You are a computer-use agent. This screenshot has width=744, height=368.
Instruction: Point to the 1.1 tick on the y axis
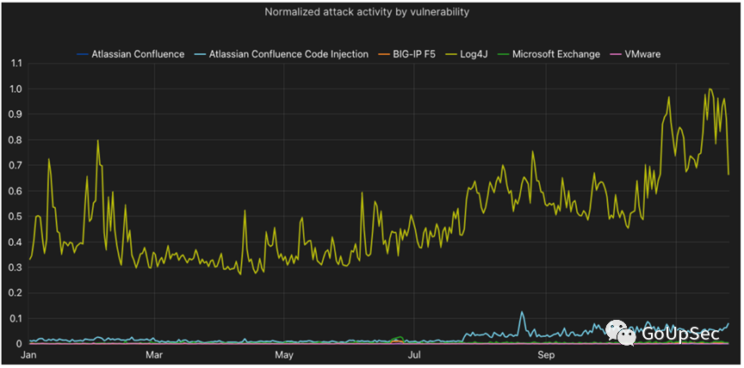pyautogui.click(x=13, y=64)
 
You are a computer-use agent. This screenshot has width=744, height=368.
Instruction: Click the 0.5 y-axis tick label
pyautogui.click(x=13, y=217)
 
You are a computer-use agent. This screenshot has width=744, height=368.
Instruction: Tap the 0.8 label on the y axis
pyautogui.click(x=13, y=140)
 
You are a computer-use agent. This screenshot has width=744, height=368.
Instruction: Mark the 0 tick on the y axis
pyautogui.click(x=18, y=344)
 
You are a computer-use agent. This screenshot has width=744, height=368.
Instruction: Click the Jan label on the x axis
pyautogui.click(x=28, y=354)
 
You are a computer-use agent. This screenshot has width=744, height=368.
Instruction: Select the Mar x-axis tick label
pyautogui.click(x=154, y=354)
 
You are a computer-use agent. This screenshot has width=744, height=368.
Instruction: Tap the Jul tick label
pyautogui.click(x=414, y=354)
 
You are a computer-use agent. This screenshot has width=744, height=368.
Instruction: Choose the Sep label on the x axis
pyautogui.click(x=545, y=354)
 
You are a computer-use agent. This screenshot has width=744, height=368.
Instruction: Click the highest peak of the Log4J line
pyautogui.click(x=710, y=89)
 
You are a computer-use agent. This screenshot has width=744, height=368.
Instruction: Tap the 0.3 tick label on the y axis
pyautogui.click(x=13, y=267)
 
